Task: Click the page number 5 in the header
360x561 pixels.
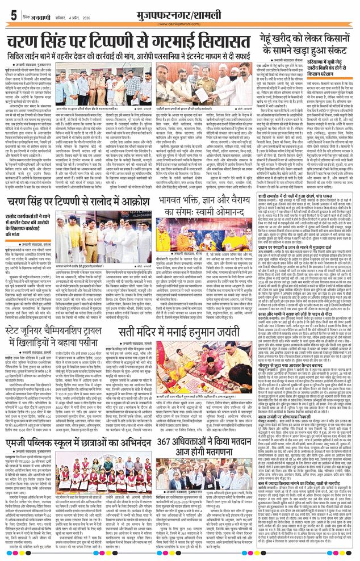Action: [12, 15]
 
